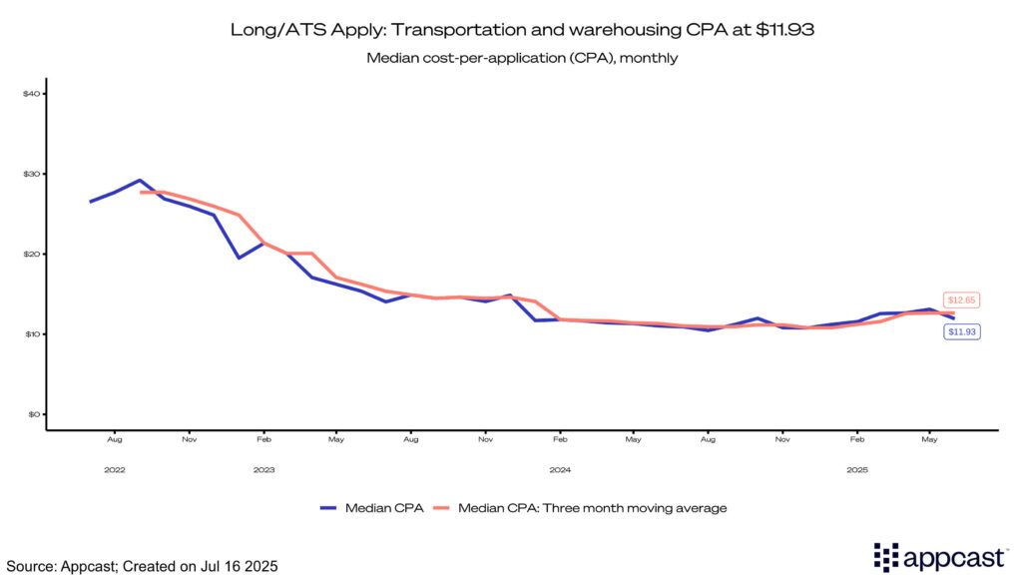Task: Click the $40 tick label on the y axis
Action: point(31,94)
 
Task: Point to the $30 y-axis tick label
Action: point(31,174)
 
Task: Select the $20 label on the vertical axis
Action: point(31,254)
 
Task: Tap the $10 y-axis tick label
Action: point(31,333)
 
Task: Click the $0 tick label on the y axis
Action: point(33,413)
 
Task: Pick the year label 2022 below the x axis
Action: point(115,469)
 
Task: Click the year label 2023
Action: point(263,469)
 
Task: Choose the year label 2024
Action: point(560,469)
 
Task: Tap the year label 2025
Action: point(856,469)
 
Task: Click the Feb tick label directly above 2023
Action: point(263,438)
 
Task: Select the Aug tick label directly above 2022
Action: point(115,438)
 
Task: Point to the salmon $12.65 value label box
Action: point(962,299)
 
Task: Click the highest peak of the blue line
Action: point(140,181)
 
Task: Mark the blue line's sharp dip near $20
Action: point(239,258)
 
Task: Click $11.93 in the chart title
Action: point(782,30)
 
